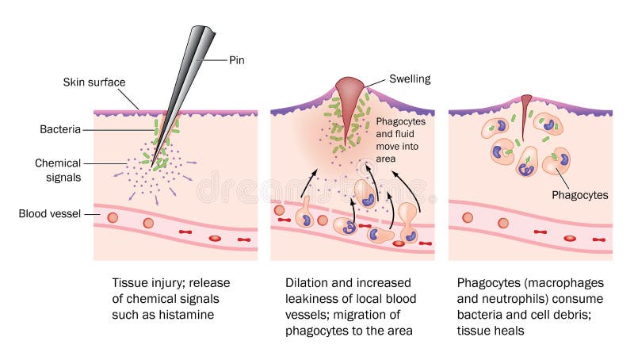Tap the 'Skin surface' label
95,82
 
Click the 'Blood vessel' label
51,213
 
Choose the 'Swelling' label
409,79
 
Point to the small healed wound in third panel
526,106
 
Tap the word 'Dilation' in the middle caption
307,283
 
